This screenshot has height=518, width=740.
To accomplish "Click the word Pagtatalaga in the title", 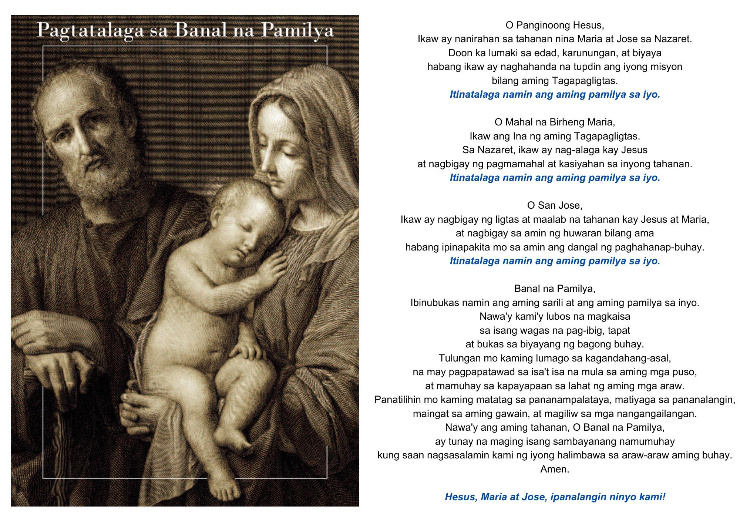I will pyautogui.click(x=90, y=31).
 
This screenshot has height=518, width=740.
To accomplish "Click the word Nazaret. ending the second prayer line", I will pyautogui.click(x=673, y=39).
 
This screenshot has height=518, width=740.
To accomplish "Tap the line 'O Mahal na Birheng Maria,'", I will pyautogui.click(x=555, y=122).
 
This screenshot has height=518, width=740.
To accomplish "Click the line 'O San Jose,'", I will pyautogui.click(x=555, y=205).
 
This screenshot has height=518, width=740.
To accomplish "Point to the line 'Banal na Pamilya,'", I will pyautogui.click(x=555, y=289).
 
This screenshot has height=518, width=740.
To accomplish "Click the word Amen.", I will pyautogui.click(x=555, y=469).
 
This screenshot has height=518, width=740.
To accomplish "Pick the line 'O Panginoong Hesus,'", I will pyautogui.click(x=555, y=26).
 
